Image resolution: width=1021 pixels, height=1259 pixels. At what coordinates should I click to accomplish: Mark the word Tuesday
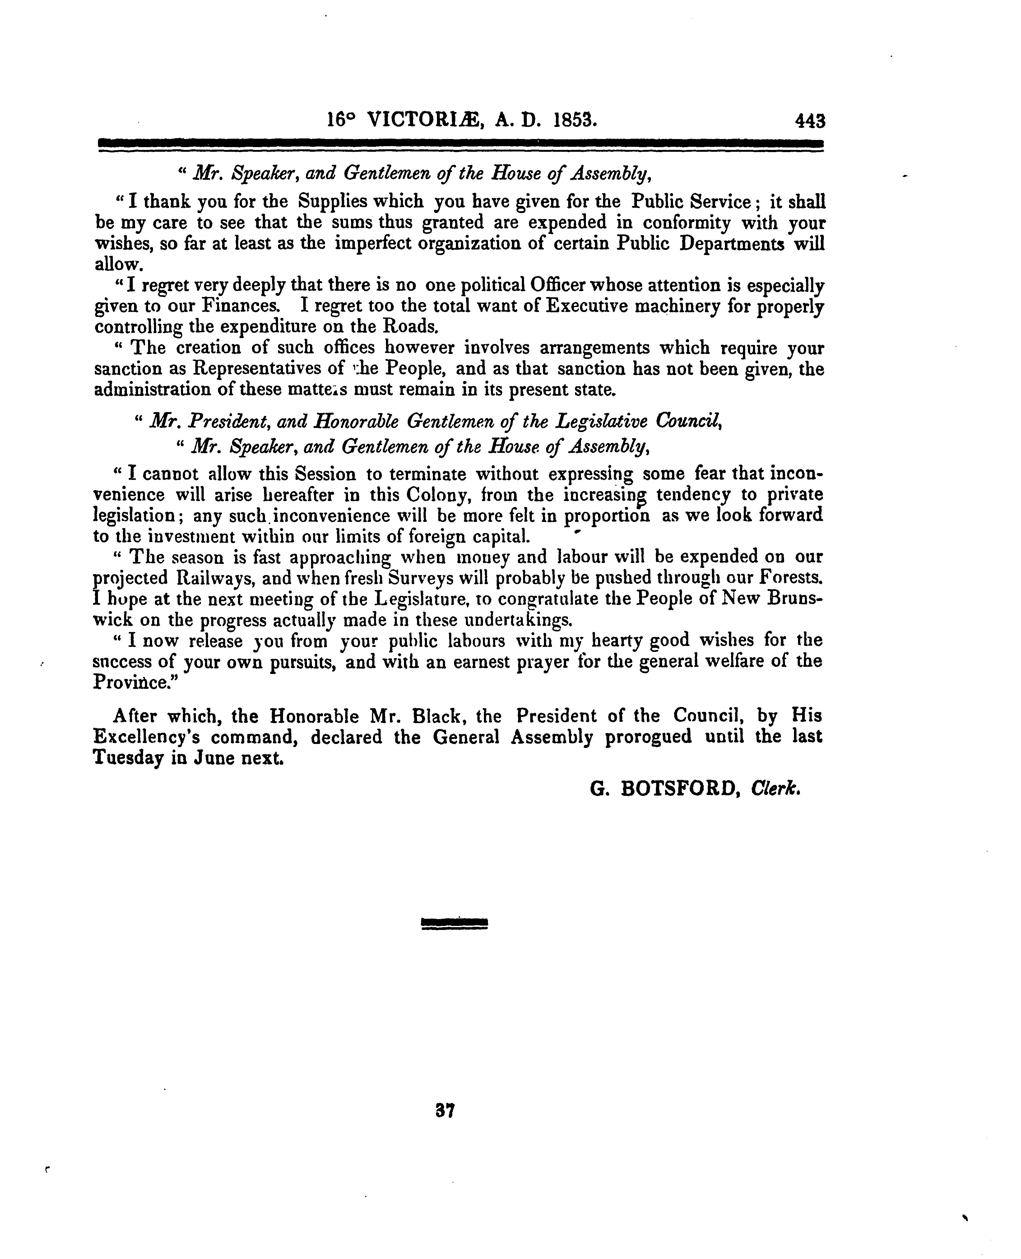pos(128,759)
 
